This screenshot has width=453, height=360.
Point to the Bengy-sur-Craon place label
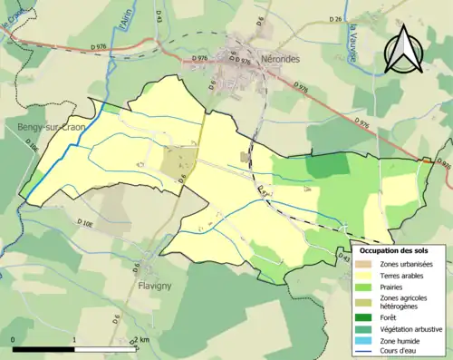(52, 129)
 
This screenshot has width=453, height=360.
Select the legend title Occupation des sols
(400, 249)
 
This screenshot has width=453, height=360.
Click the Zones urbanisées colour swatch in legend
(367, 264)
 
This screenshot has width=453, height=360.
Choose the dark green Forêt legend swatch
(367, 317)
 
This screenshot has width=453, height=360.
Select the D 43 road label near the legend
(342, 258)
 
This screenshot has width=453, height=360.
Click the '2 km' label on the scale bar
(142, 341)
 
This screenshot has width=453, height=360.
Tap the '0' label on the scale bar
(14, 341)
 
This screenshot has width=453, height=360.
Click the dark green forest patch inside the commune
(327, 164)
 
